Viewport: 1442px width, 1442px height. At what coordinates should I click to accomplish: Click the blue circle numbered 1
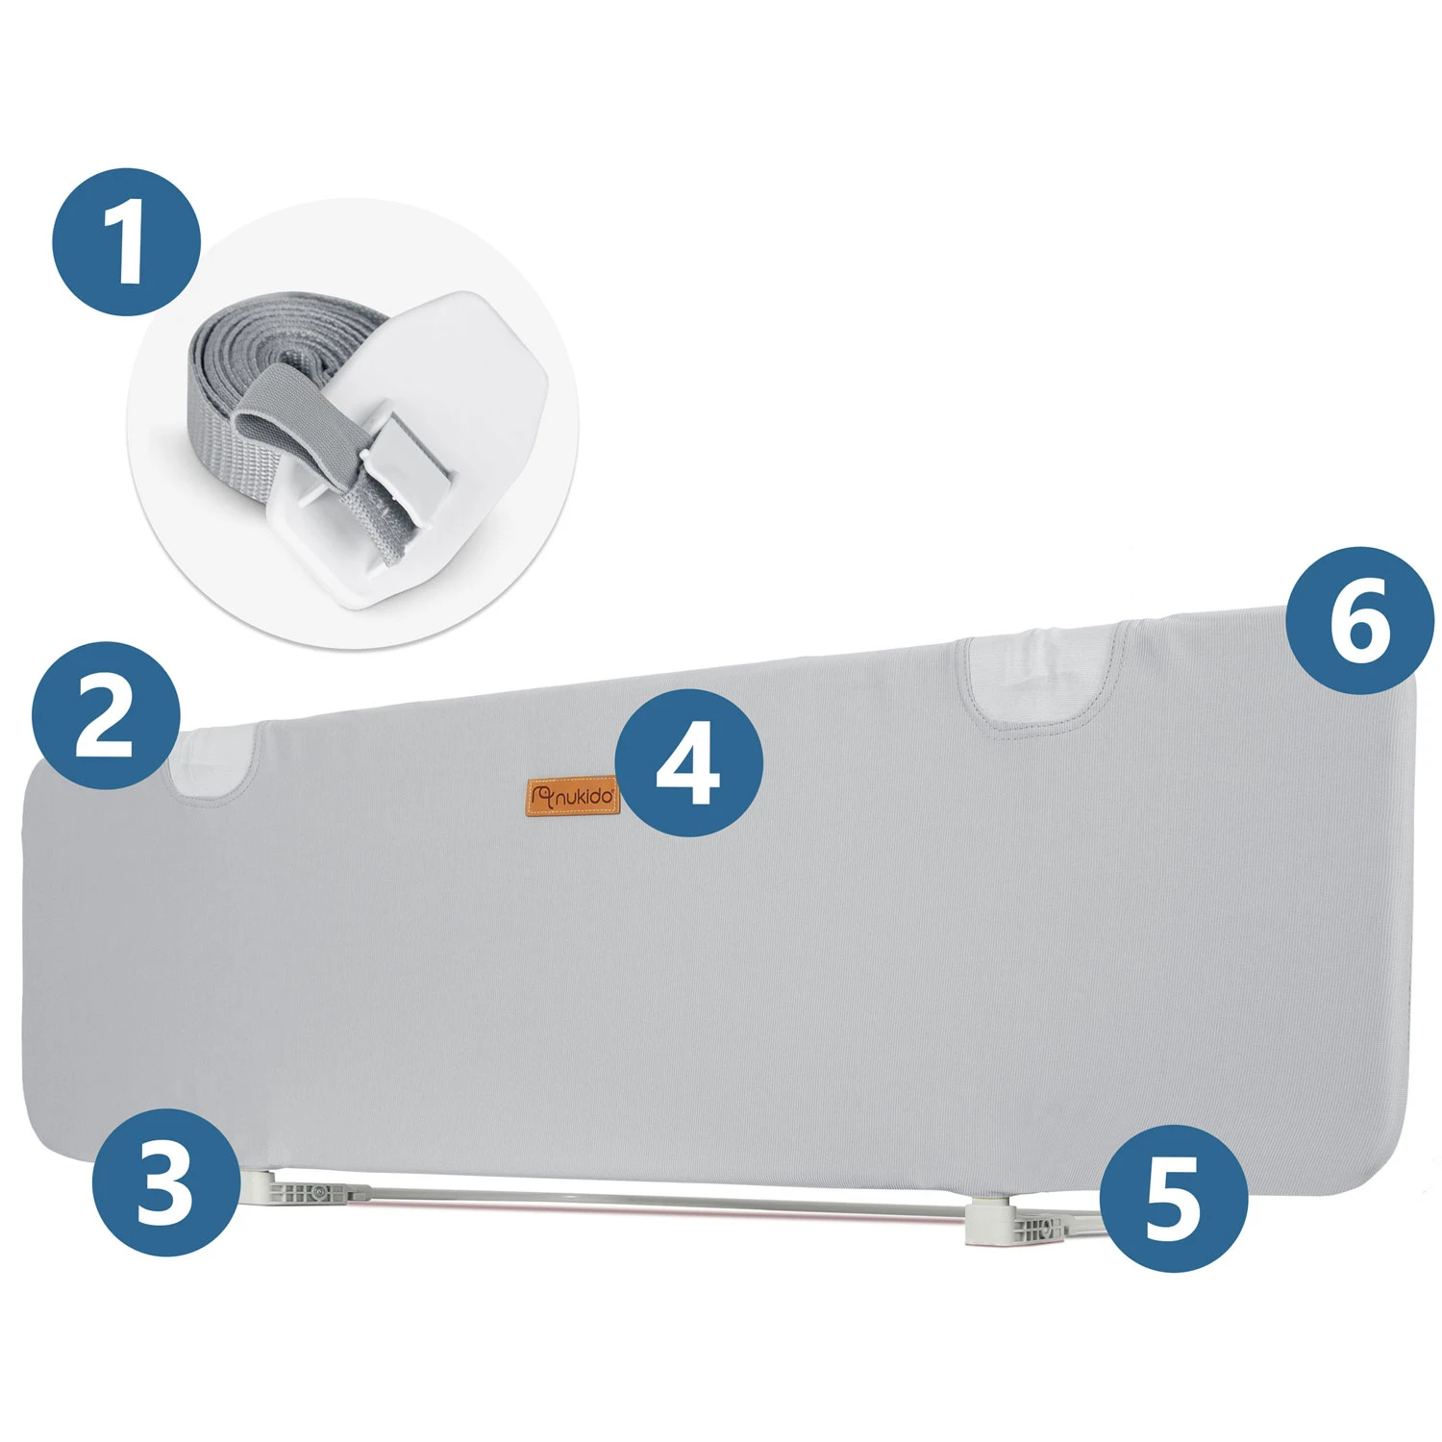tap(127, 242)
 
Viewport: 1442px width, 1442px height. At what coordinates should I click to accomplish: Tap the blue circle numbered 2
tap(106, 716)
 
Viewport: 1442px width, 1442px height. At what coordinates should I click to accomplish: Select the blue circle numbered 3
tap(166, 1181)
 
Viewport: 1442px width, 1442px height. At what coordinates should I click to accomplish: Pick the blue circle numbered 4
tap(688, 762)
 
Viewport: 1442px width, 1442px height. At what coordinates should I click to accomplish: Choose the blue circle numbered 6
tap(1360, 621)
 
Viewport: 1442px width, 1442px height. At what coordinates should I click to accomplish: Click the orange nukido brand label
tap(574, 796)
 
